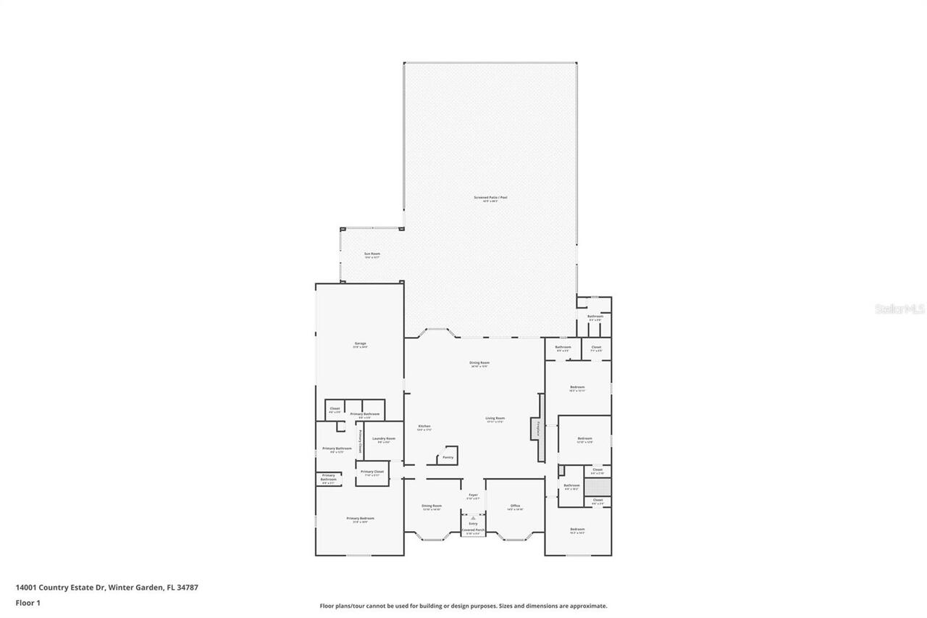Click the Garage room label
(360, 343)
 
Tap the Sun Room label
(372, 254)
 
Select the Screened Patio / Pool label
(491, 197)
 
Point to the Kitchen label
(424, 426)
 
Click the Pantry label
(448, 457)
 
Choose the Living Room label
(495, 418)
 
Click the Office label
(515, 506)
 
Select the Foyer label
(473, 496)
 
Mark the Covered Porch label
(473, 530)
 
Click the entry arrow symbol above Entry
(473, 518)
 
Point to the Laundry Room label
(384, 438)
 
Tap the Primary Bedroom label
(360, 518)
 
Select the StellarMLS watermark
(899, 309)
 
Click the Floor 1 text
(28, 603)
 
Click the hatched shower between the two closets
(597, 486)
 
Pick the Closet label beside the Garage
(335, 409)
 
